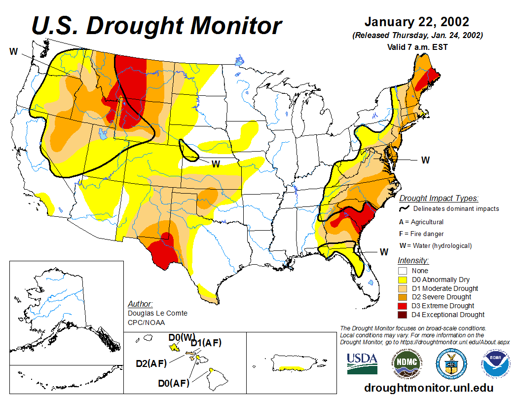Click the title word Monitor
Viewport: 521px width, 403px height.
(x=226, y=26)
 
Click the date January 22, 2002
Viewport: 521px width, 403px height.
(x=417, y=22)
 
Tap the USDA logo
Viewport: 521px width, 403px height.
(x=362, y=363)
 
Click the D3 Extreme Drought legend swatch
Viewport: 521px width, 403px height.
(x=403, y=306)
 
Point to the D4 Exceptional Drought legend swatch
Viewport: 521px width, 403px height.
(x=403, y=315)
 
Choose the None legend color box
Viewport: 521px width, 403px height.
(x=403, y=271)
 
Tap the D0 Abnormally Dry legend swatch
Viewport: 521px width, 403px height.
(x=403, y=280)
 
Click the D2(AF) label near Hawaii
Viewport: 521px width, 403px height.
(x=151, y=364)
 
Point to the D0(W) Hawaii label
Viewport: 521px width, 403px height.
(x=182, y=337)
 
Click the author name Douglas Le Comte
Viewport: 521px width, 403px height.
(x=157, y=313)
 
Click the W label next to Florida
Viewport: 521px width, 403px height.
(x=384, y=252)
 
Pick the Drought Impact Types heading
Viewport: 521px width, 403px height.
(x=438, y=199)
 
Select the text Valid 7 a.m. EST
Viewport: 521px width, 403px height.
(x=417, y=47)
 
